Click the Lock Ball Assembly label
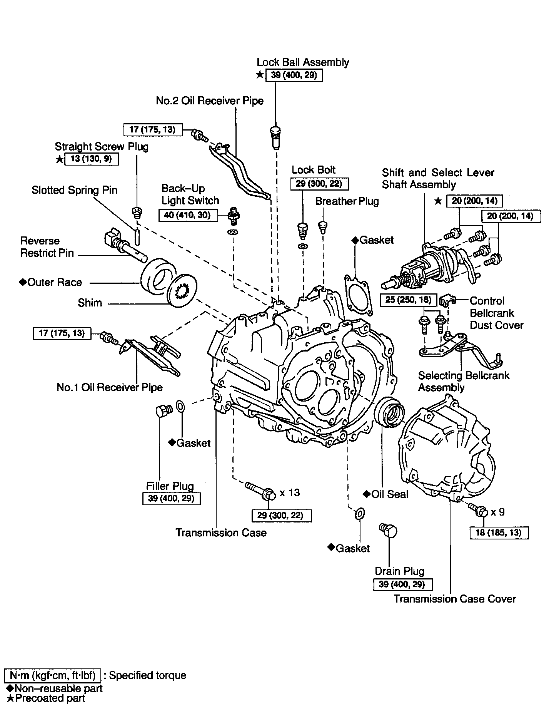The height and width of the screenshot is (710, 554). pos(303,62)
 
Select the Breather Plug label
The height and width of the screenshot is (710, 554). pos(347,201)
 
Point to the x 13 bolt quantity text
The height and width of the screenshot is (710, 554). pos(290,493)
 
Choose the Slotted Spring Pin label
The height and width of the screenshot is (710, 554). pos(75,190)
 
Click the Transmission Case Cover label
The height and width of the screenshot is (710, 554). pos(455,599)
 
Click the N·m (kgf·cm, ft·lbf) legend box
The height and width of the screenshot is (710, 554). pos(52,675)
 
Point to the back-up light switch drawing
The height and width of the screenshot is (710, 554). pos(232,216)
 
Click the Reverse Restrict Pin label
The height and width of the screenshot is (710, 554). pos(47,247)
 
